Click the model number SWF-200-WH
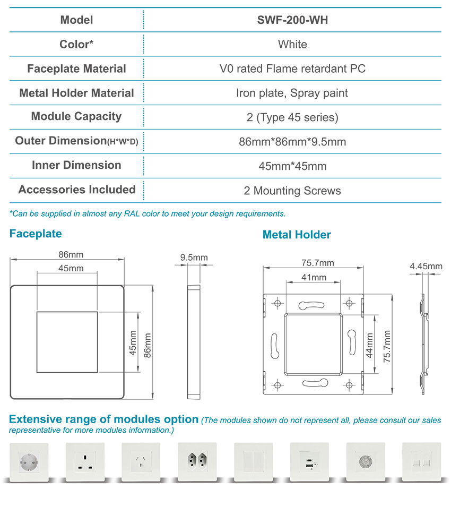292,20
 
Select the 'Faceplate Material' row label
76,68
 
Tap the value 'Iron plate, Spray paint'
292,93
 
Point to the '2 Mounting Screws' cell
292,191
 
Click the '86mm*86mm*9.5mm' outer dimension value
292,142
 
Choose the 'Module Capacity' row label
76,116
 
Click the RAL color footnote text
148,213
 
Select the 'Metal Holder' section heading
297,235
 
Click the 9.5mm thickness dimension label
194,258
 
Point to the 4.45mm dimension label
426,266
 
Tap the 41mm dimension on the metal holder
314,277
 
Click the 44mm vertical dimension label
369,345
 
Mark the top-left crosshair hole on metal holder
277,303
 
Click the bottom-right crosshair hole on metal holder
349,385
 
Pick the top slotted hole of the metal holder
311,305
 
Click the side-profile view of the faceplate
194,342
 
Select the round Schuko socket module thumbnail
29,462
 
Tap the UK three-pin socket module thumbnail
85,462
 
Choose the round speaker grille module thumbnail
366,462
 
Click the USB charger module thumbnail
309,462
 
